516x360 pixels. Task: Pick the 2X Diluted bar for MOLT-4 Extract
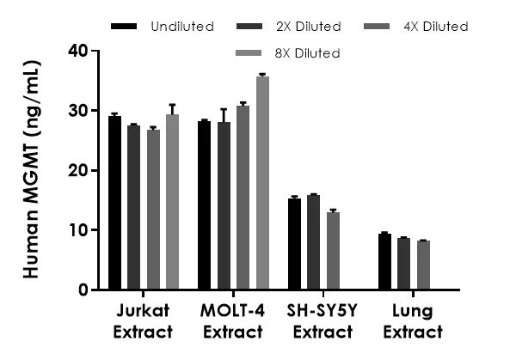(x=224, y=206)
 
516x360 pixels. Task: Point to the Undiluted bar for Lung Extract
(x=384, y=261)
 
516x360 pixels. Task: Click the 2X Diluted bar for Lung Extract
(x=403, y=264)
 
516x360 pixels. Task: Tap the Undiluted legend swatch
(x=125, y=27)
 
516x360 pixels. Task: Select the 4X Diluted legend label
(x=434, y=27)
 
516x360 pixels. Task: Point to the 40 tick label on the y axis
(x=78, y=51)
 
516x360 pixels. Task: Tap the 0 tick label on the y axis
(x=83, y=290)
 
